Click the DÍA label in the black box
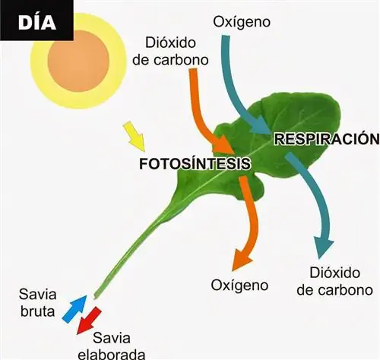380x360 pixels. point(37,22)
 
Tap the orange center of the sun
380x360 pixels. point(78,61)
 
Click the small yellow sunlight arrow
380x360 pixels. point(135,136)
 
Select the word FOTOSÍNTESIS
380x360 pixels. point(195,164)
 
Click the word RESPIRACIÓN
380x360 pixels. point(328,139)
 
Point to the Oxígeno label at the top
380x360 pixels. point(242,22)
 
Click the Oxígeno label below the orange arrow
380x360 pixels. point(239,286)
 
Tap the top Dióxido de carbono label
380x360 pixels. point(170,52)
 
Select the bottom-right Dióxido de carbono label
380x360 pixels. point(334,282)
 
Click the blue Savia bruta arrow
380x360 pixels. point(74,309)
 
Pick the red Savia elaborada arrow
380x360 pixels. point(89,321)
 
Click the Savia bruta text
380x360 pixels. point(37,303)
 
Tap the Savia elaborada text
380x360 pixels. point(112,346)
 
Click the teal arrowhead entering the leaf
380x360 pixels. point(261,125)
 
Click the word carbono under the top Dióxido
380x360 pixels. point(180,60)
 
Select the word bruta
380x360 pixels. point(37,311)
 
